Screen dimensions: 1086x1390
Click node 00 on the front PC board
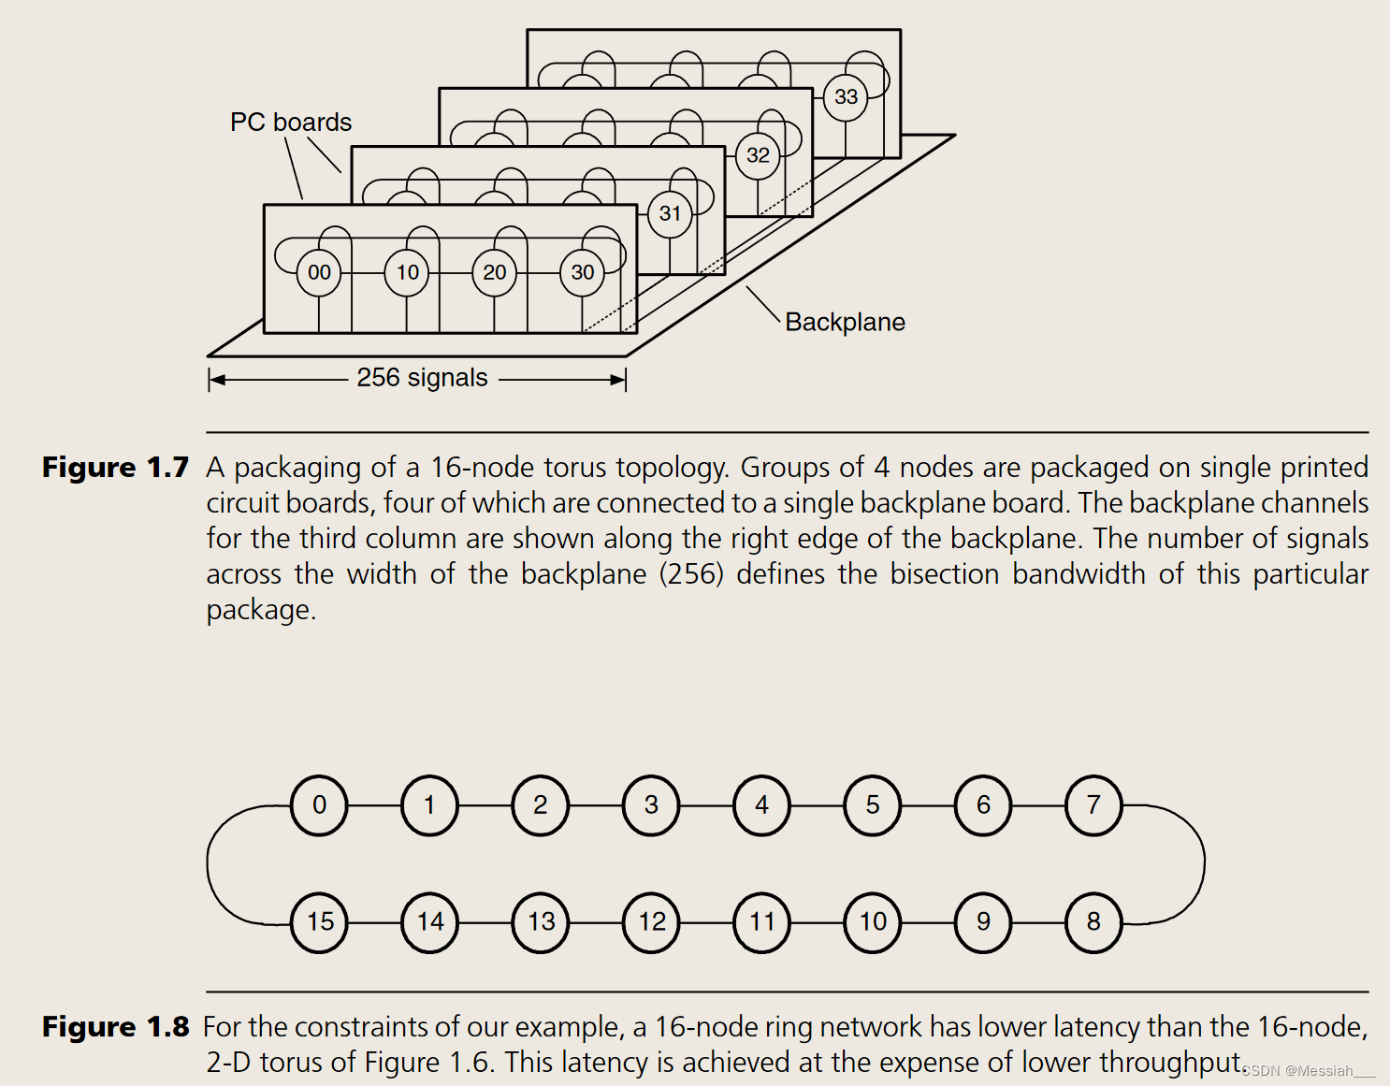[x=319, y=272]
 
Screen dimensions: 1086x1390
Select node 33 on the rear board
[x=846, y=97]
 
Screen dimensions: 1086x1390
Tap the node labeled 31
[x=670, y=214]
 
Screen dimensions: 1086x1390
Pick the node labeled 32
[x=758, y=155]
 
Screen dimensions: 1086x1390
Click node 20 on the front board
[x=495, y=272]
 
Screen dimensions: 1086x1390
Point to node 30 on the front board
[x=583, y=272]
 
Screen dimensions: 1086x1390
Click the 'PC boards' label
[x=291, y=123]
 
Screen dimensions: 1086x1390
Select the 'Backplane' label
[x=845, y=323]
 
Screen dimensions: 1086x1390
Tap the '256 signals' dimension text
[x=422, y=378]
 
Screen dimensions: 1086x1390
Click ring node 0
[x=319, y=805]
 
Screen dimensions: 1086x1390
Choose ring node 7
[x=1093, y=805]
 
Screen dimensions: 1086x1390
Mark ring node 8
[x=1093, y=922]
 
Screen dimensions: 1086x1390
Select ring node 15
[x=320, y=922]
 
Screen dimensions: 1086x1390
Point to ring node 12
[x=652, y=922]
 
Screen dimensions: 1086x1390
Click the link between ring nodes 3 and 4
[x=707, y=805]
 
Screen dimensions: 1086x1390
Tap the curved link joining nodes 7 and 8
[x=1203, y=863]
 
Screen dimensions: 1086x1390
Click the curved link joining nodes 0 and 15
[x=209, y=863]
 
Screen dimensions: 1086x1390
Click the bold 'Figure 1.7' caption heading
[x=115, y=468]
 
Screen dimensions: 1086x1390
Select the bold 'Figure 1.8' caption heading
[x=115, y=1027]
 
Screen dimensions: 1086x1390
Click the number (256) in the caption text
[x=692, y=574]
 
